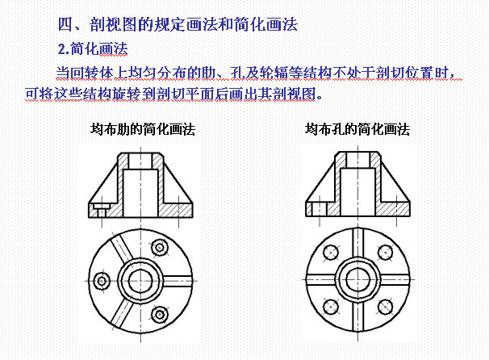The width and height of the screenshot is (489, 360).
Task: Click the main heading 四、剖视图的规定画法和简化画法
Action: point(178,24)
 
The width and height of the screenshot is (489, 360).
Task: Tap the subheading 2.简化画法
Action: point(93,48)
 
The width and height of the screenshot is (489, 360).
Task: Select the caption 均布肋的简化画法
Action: point(143,129)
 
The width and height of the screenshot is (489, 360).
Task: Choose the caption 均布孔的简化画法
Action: point(357,129)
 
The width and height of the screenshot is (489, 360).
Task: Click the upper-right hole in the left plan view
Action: point(160,248)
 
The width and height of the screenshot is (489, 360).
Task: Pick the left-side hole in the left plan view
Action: point(102,281)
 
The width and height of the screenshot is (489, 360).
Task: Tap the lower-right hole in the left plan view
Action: point(160,314)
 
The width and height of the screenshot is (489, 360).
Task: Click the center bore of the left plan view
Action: point(140,281)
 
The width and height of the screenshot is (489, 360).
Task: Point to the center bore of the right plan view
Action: point(357,279)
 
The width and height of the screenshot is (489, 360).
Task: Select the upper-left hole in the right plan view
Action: point(331,252)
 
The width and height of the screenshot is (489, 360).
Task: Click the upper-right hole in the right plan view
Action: point(385,252)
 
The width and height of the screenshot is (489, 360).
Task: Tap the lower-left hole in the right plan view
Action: point(331,307)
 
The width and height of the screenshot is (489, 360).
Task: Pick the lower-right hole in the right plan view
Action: point(385,307)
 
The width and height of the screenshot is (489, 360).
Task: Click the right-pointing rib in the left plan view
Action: point(178,281)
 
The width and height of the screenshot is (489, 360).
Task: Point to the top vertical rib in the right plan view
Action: point(357,243)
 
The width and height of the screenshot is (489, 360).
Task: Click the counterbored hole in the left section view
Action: point(102,210)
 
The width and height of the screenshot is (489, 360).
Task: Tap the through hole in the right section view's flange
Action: point(320,209)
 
